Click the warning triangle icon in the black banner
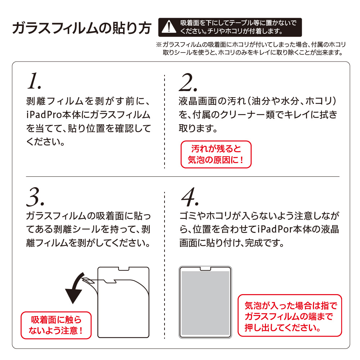point(169,27)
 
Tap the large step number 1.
point(34,81)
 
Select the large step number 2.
point(188,82)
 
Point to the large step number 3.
point(35,197)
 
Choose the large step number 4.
point(190,197)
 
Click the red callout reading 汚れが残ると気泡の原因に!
point(216,154)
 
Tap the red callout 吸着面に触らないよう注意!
point(56,325)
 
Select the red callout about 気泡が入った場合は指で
point(290,315)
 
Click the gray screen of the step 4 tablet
point(205,303)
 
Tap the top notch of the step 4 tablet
point(205,269)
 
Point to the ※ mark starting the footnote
point(159,45)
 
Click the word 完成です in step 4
point(264,243)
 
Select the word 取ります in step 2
point(198,129)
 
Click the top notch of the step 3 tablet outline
point(123,269)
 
